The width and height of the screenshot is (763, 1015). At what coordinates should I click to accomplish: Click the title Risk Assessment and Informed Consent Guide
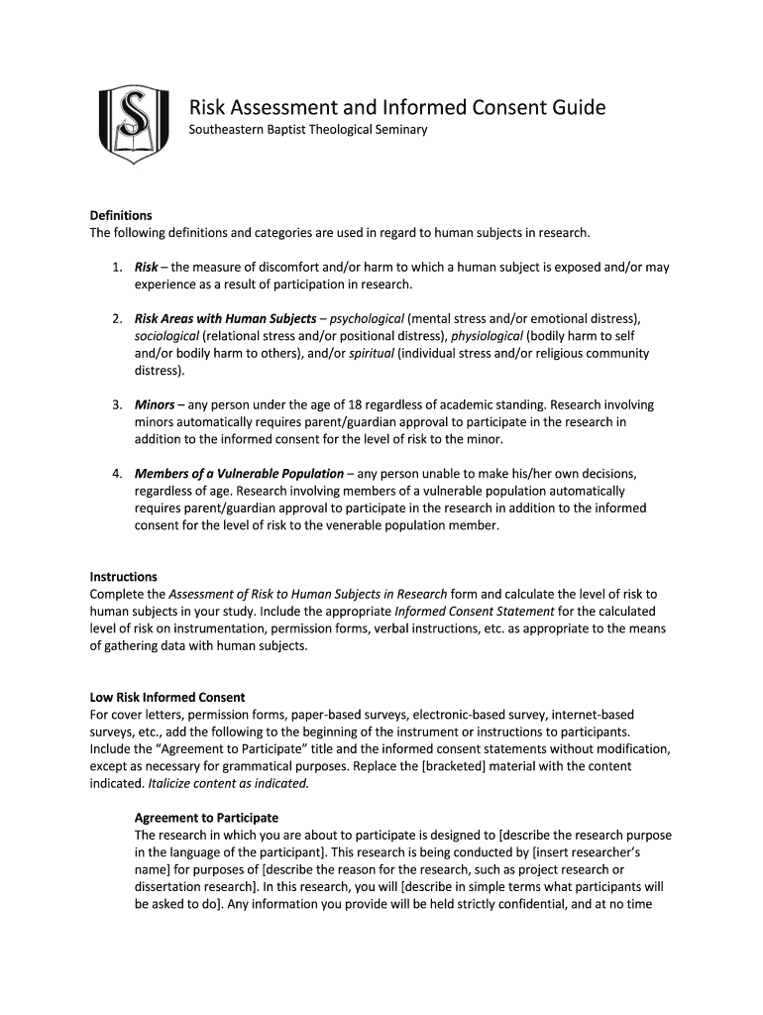point(396,107)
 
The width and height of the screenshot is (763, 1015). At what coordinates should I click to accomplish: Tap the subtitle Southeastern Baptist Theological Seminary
point(308,131)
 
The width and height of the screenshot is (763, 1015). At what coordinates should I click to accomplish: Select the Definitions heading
point(121,215)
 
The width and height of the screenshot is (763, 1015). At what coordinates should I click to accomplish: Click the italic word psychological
point(367,318)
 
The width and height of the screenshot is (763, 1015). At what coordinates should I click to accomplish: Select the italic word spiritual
point(369,354)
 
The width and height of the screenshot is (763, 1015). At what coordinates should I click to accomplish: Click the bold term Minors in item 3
point(155,404)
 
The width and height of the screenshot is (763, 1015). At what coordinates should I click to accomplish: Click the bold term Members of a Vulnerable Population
point(239,473)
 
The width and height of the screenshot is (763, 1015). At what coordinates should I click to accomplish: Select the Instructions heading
point(124,577)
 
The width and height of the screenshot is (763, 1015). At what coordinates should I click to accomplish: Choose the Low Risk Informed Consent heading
point(167,698)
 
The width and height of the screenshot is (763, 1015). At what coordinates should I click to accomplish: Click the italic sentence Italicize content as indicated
point(229,783)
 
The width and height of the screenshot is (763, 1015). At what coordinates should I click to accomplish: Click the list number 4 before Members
point(116,473)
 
